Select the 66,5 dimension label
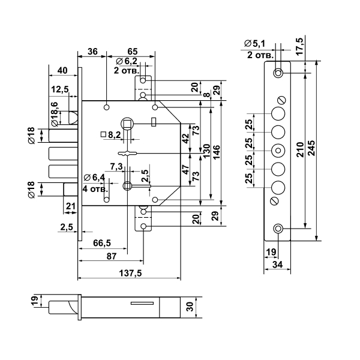(103, 242)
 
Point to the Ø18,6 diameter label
(55, 113)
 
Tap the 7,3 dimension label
(116, 166)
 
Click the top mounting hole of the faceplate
(278, 73)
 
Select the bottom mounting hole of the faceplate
(278, 229)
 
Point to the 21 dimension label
(69, 206)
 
